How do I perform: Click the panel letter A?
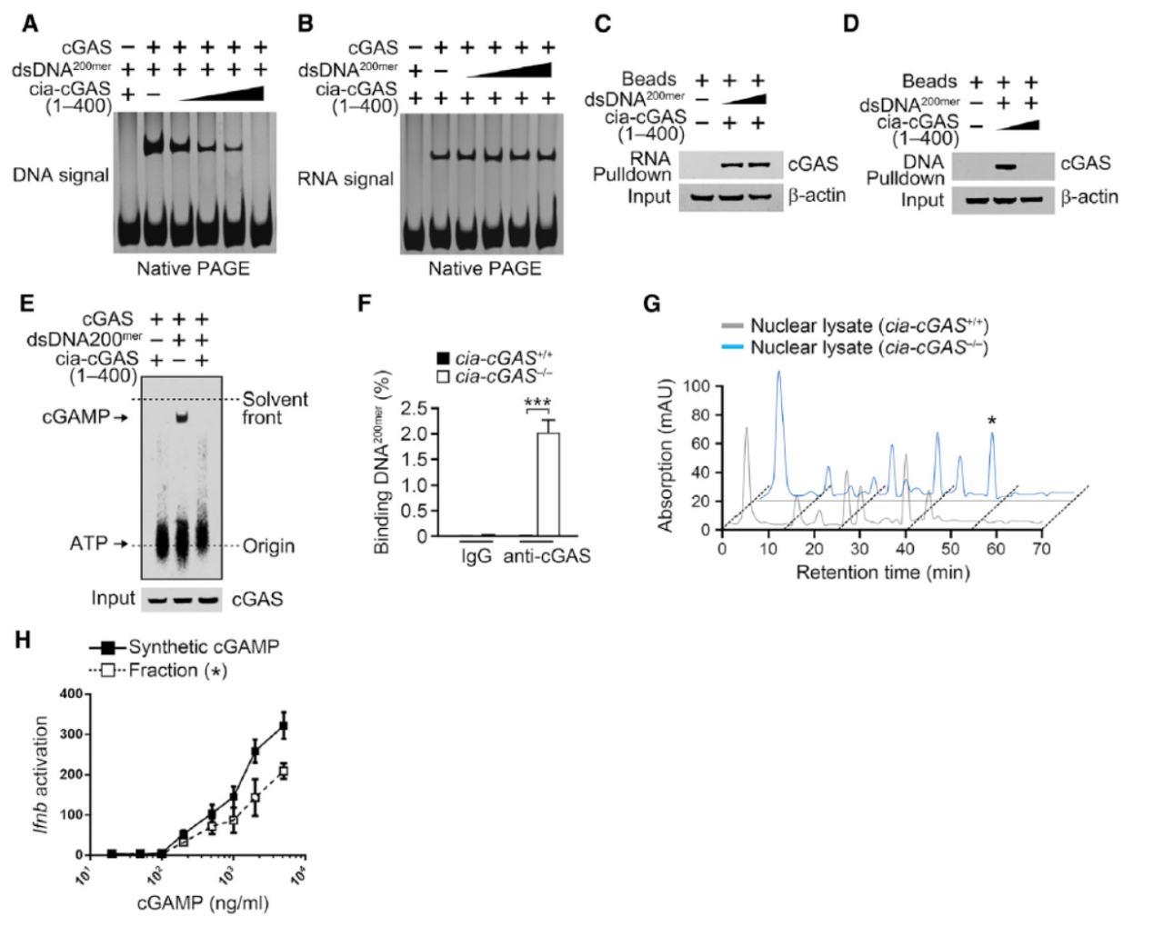click(x=30, y=25)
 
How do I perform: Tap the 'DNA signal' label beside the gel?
click(x=61, y=175)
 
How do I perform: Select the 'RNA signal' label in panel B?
click(x=346, y=179)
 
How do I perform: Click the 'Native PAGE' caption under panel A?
click(x=193, y=269)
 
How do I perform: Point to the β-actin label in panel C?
click(x=817, y=195)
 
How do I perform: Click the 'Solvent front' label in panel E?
click(x=275, y=408)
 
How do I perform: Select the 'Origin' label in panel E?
click(x=268, y=546)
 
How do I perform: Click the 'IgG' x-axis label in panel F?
click(x=476, y=556)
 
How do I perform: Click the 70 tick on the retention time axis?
click(x=1041, y=549)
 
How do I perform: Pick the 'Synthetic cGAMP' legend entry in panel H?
click(x=203, y=647)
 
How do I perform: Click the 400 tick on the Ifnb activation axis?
click(x=71, y=694)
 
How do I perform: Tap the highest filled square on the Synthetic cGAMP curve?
click(x=284, y=726)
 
